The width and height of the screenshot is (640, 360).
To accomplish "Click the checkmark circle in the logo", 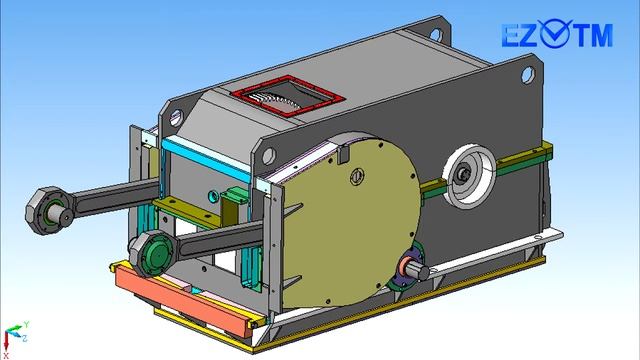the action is click(554, 33).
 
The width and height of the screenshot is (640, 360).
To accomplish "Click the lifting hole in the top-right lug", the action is click(527, 75).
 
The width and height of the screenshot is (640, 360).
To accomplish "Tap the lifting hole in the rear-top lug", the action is click(436, 34).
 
